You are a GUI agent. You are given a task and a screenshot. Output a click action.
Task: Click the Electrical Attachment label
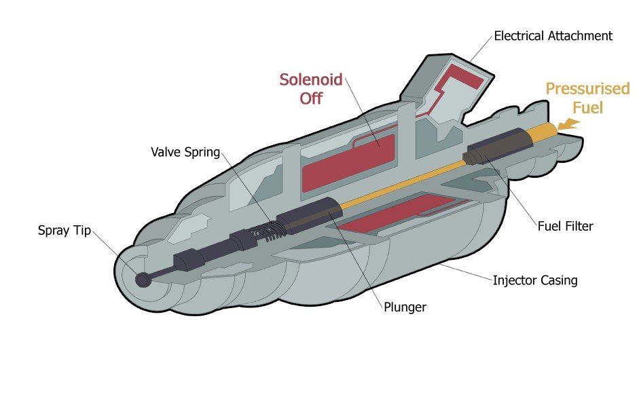click(553, 35)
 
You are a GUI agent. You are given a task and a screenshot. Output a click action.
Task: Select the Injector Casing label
click(535, 280)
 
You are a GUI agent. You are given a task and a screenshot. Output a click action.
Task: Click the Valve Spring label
click(185, 152)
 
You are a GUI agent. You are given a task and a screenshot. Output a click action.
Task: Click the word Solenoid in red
click(311, 79)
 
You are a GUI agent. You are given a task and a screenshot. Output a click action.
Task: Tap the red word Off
click(311, 98)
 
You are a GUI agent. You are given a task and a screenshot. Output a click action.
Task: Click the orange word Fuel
click(588, 107)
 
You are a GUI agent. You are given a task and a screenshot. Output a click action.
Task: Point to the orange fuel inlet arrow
click(568, 124)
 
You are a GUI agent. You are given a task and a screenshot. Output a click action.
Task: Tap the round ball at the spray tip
click(143, 279)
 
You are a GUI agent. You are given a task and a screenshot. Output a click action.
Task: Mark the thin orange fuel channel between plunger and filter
click(401, 184)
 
